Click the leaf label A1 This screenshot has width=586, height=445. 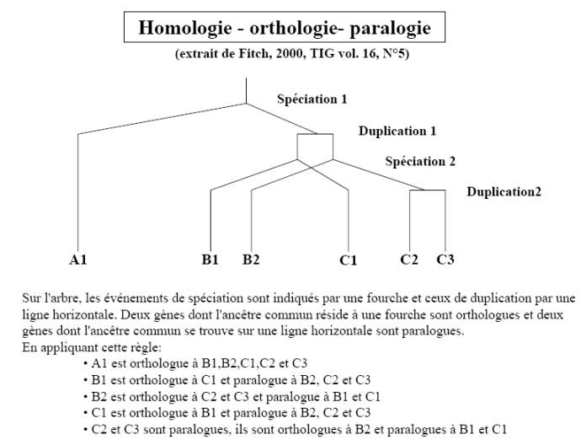pos(77,260)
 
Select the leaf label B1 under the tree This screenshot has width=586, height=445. pos(210,259)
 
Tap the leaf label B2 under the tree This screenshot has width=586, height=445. pos(251,259)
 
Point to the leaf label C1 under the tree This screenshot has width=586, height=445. pos(348,260)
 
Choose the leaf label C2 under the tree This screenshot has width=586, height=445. pos(409,259)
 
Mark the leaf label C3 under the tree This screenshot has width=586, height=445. pos(445,259)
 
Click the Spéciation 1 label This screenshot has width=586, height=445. pos(312,99)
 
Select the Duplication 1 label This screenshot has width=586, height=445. pos(397,131)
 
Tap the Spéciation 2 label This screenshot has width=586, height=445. pos(420,162)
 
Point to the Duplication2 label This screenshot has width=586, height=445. pos(503,192)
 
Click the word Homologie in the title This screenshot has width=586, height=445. pos(185,28)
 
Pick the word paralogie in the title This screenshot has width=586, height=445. pos(390,28)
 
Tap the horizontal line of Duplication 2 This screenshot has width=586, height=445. pos(428,190)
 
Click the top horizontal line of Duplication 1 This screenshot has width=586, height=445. pos(315,134)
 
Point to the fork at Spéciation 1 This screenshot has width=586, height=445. pos(247,104)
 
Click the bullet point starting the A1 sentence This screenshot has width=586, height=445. pos(86,363)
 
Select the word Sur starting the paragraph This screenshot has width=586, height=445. pos(30,298)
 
